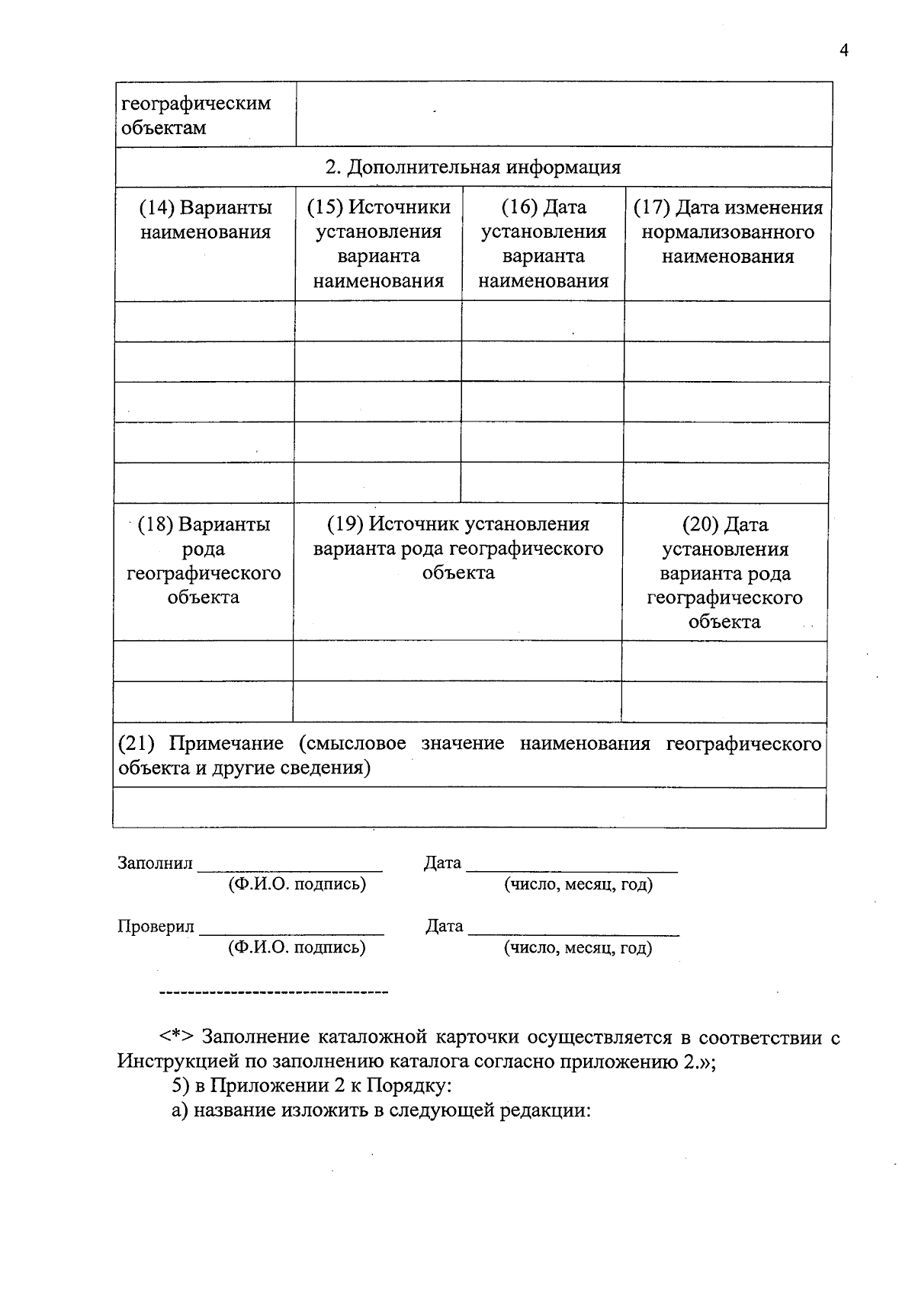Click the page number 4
click(843, 50)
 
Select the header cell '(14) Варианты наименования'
click(205, 219)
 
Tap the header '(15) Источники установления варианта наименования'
click(378, 244)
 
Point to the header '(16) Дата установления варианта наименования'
click(543, 244)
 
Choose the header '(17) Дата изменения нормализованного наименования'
click(727, 232)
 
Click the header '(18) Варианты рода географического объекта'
click(204, 560)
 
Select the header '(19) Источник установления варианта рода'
click(457, 548)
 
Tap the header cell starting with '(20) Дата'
click(724, 572)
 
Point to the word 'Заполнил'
click(155, 863)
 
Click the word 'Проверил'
click(156, 927)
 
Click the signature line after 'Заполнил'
click(290, 868)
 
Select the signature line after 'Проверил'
click(291, 932)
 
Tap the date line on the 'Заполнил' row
click(572, 868)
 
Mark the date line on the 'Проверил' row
click(573, 932)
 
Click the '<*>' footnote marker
click(177, 1037)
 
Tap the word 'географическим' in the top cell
click(196, 103)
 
